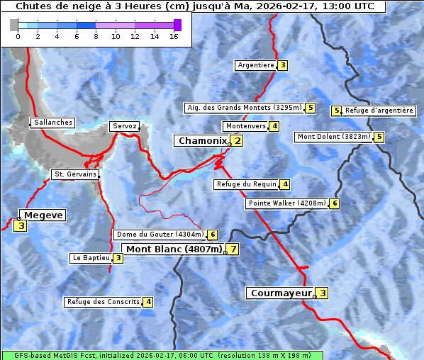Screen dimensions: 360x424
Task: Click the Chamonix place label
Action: [202, 141]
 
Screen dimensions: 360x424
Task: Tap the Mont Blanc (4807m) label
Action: [174, 249]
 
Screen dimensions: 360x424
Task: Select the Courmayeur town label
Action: [281, 293]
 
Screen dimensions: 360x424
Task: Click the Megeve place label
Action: [43, 215]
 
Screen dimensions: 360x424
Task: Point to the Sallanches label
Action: [53, 123]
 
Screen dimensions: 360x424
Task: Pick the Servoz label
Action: [125, 126]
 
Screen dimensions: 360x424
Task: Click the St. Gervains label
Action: [75, 174]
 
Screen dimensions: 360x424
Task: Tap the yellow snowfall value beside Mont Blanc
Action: [232, 249]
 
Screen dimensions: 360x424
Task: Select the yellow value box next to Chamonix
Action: [238, 141]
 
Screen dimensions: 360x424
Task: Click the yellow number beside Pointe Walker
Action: [335, 203]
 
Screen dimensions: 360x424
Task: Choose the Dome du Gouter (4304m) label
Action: [160, 235]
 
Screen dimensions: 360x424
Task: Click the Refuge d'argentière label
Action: [379, 111]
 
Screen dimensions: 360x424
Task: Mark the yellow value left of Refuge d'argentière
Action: [337, 111]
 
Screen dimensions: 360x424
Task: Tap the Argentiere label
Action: [256, 65]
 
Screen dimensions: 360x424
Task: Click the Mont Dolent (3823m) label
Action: [334, 137]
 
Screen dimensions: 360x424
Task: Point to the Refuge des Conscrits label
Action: [103, 302]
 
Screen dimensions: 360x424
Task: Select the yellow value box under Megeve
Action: [21, 227]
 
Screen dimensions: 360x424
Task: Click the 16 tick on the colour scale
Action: [174, 36]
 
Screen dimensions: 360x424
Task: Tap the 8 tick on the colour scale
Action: [96, 36]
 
